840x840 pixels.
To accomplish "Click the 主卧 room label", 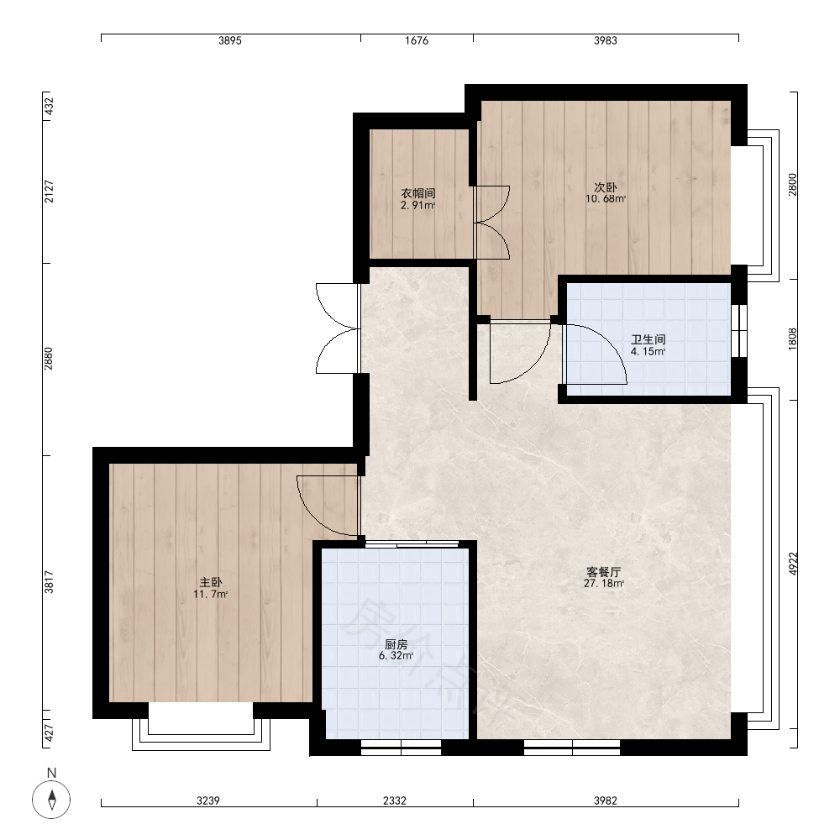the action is (211, 582).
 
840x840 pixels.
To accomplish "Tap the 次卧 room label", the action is (606, 187).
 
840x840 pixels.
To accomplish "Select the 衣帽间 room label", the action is (418, 193).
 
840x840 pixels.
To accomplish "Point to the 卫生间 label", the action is (648, 339).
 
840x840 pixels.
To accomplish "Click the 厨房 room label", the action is (396, 644).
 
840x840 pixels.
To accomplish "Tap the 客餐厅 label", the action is (604, 572).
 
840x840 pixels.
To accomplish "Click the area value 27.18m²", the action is (604, 584).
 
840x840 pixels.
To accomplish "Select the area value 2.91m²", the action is (417, 205).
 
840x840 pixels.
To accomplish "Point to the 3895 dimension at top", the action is (230, 40).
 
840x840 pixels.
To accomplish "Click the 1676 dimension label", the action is (417, 40).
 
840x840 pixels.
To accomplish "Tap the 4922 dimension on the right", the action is (794, 564).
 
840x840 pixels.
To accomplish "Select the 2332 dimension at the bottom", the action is (394, 801).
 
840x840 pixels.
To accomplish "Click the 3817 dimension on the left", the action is (49, 582).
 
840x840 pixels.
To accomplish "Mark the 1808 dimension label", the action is (794, 339).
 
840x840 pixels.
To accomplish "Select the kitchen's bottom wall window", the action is (401, 748).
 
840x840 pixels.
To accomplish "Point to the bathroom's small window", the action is (739, 330).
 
